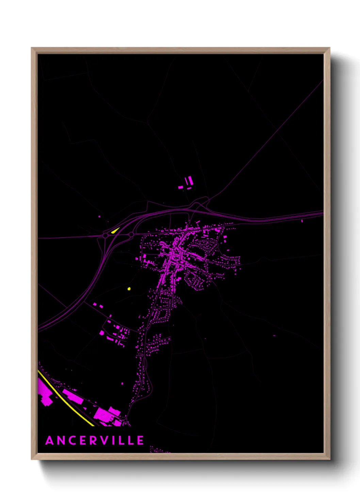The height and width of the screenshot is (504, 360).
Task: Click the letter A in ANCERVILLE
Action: tap(50, 440)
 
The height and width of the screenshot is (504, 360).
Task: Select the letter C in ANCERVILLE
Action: tap(71, 440)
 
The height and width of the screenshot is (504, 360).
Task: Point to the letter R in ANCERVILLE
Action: tap(93, 440)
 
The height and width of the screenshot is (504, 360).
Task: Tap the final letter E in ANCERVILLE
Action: tap(140, 440)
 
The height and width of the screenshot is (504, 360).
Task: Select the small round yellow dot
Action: tap(129, 289)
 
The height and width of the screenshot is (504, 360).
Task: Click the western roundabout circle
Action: tap(105, 235)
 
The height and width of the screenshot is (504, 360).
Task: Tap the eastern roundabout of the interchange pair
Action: tap(131, 234)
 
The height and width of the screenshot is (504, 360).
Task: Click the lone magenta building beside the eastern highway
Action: tap(302, 221)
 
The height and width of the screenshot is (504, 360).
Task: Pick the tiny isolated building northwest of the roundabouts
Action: tap(99, 216)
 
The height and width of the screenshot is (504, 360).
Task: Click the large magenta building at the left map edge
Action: tap(44, 393)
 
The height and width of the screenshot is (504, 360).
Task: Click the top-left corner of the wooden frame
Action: tap(32, 48)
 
